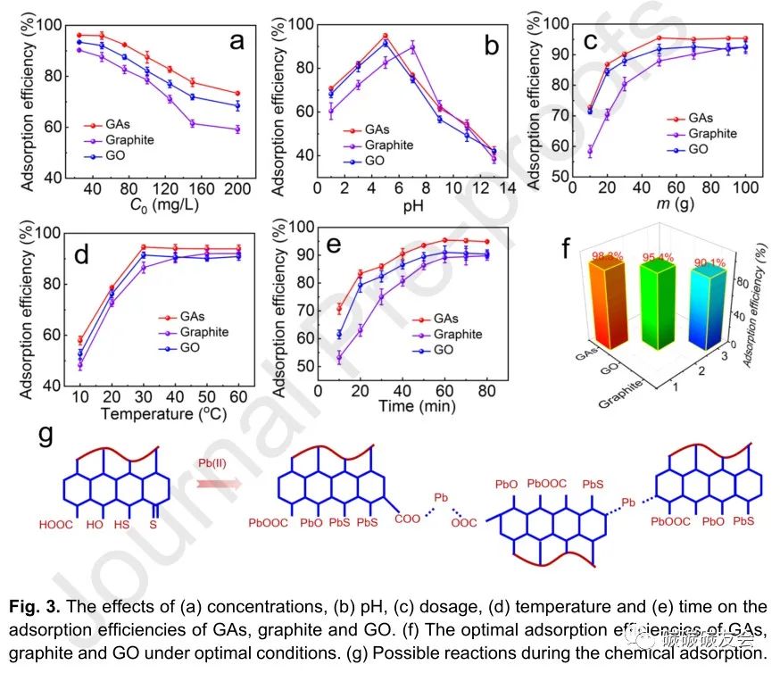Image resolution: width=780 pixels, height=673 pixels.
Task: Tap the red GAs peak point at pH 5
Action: point(386,37)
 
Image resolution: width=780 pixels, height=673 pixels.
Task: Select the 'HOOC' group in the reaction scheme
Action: point(55,523)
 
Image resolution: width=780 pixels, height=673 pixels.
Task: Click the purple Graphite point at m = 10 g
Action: point(589,151)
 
